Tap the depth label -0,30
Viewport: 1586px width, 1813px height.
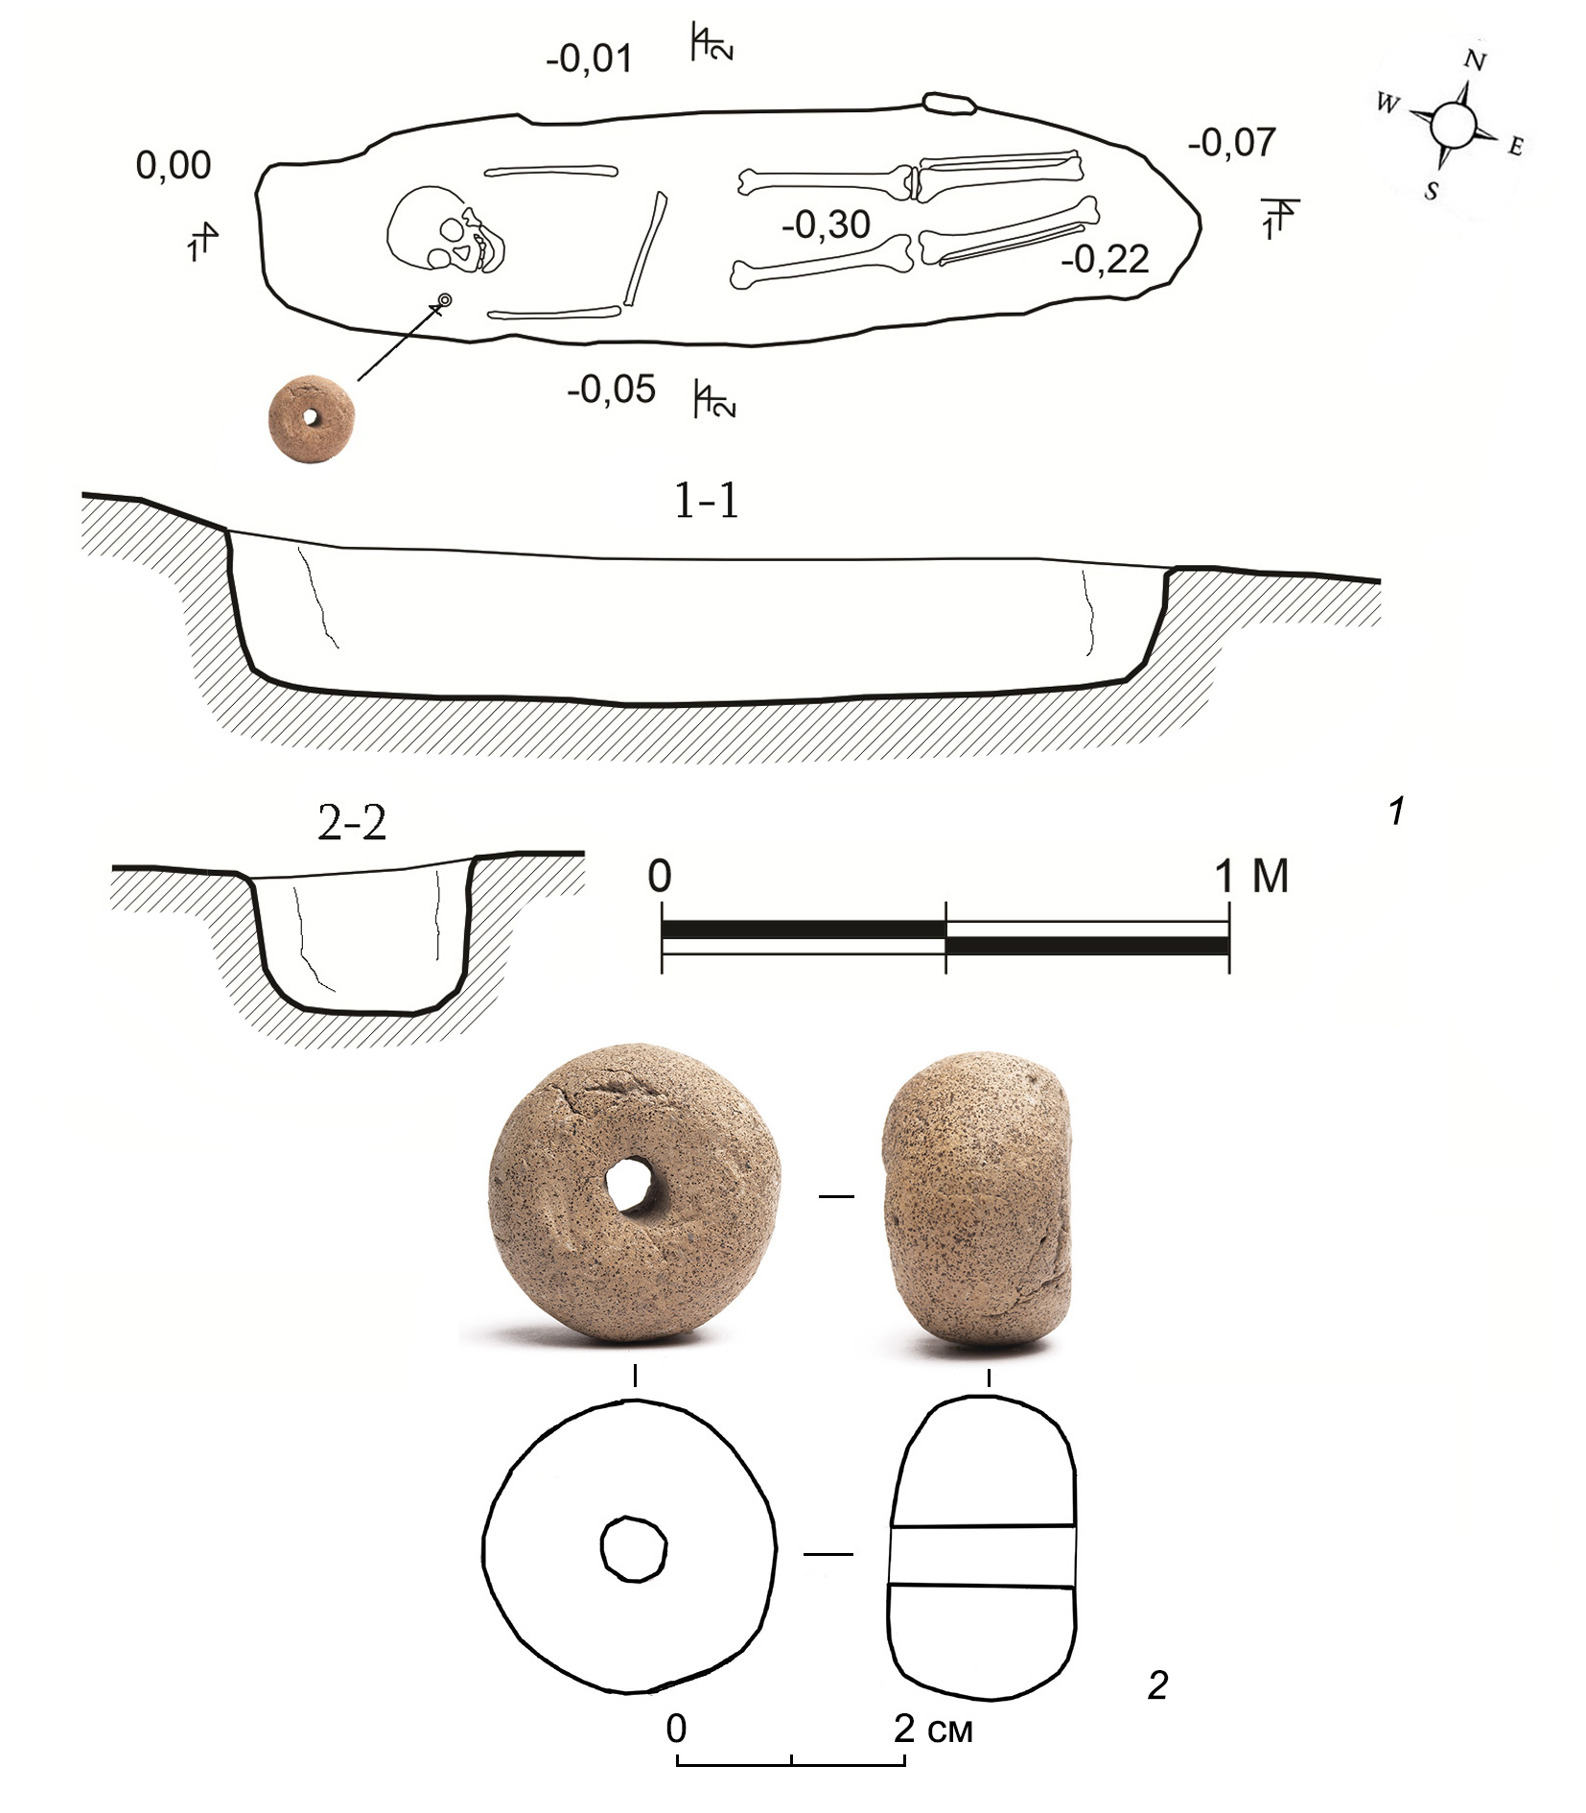(826, 225)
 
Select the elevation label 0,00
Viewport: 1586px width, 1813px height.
(174, 166)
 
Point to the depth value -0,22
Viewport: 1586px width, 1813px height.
(1105, 260)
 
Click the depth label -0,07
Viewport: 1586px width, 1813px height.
(1231, 143)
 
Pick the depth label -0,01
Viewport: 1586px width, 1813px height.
(589, 59)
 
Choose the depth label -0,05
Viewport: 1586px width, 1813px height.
(611, 390)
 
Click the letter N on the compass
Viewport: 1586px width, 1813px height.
(1475, 61)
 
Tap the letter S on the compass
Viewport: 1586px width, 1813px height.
(1431, 191)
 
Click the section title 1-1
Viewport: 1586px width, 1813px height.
(707, 501)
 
